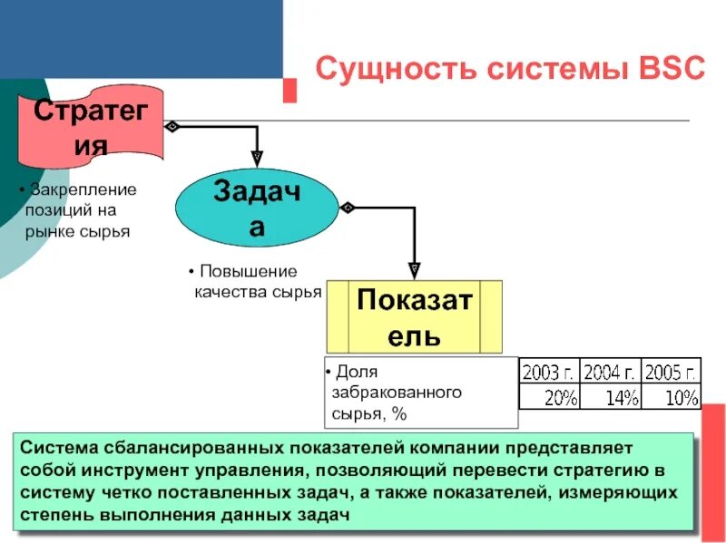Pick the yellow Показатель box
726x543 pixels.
[x=414, y=315]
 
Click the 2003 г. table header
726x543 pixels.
[x=548, y=372]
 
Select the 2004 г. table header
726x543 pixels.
[x=610, y=372]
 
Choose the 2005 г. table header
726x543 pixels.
[x=671, y=372]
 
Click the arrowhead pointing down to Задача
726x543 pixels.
[x=257, y=157]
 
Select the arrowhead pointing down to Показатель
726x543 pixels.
[x=414, y=269]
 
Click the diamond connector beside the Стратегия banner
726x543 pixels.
[x=172, y=126]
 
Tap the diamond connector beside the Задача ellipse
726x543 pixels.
[x=346, y=208]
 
